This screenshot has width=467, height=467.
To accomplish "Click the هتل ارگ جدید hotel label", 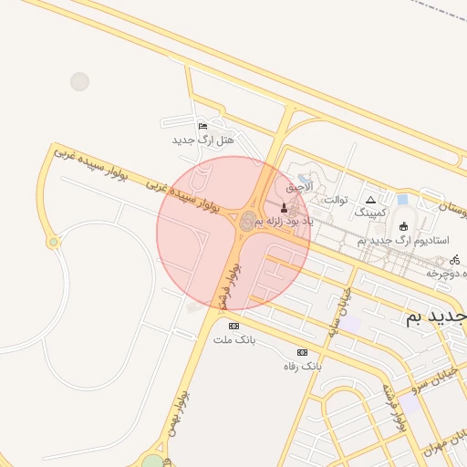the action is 203,140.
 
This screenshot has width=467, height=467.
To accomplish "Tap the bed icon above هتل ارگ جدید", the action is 202,126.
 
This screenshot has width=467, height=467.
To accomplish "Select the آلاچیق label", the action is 299,186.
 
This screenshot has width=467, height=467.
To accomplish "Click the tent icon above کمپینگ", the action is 370,199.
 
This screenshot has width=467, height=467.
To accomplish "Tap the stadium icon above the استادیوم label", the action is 404,225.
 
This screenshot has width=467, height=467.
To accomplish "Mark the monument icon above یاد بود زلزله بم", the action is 283,207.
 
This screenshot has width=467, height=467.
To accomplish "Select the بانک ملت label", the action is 234,339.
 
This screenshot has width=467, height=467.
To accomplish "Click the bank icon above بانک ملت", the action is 234,326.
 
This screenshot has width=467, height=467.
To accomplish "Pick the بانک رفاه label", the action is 302,366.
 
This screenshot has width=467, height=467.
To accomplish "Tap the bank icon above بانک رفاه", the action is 302,352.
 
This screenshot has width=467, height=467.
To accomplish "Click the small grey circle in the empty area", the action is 79,81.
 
